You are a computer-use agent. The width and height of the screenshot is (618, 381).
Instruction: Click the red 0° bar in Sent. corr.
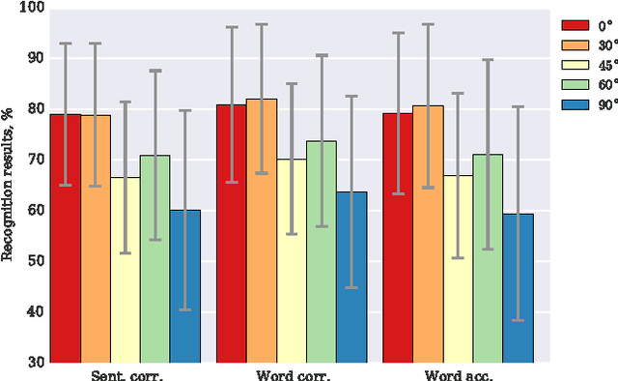(66, 238)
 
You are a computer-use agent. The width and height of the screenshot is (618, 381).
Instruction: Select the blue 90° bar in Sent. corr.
(185, 285)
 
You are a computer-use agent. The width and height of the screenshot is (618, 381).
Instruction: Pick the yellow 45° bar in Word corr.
(292, 260)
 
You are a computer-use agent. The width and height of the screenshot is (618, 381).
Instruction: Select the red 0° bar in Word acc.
(398, 237)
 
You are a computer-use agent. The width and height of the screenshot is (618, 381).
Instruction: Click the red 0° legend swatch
(576, 26)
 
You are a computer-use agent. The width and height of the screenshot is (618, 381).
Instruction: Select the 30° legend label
(605, 45)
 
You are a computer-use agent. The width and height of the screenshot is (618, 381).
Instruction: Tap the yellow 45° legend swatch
(576, 66)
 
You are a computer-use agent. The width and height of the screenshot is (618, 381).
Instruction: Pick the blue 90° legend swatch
(576, 105)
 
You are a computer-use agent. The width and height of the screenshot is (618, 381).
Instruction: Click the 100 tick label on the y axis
(29, 8)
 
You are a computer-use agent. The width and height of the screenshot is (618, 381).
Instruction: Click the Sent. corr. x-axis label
(126, 372)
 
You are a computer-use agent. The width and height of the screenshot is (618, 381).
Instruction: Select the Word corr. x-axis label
(292, 372)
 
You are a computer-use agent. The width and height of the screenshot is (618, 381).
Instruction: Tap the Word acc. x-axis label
(458, 372)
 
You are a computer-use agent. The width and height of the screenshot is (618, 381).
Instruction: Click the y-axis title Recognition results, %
(8, 185)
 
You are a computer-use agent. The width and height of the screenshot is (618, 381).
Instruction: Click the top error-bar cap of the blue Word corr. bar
(351, 96)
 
